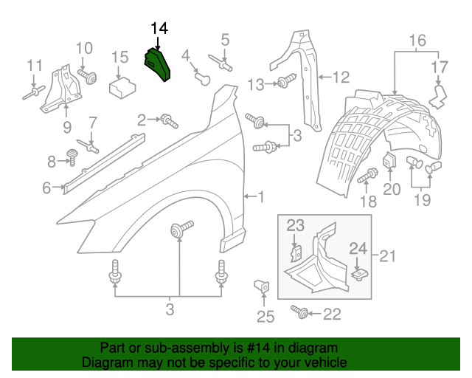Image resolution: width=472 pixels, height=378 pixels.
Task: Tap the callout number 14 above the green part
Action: (159, 29)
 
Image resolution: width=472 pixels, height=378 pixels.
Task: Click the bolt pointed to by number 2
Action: (168, 119)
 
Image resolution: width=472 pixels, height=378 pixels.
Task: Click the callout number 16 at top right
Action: (417, 39)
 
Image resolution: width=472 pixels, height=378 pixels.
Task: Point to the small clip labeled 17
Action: (440, 95)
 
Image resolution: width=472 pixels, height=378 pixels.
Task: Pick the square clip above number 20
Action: (390, 161)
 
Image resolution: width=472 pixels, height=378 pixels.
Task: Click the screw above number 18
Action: (368, 176)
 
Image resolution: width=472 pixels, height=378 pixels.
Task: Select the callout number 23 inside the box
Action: (295, 225)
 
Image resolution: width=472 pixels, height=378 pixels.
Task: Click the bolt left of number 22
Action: (301, 312)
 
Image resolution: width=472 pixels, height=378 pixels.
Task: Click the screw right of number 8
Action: (73, 155)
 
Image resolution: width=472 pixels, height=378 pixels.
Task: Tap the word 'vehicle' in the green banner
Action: (323, 362)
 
